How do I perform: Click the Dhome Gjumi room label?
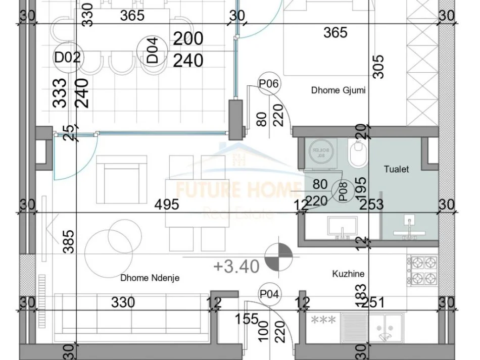(338, 91)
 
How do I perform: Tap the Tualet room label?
(396, 169)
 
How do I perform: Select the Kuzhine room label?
(348, 274)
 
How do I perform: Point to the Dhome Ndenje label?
(150, 278)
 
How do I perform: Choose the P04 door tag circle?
(270, 294)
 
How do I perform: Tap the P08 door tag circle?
(343, 192)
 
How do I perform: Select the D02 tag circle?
(68, 57)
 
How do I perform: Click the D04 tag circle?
(152, 51)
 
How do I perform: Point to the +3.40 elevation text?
(236, 266)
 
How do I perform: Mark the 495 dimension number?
(167, 204)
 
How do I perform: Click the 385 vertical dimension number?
(69, 241)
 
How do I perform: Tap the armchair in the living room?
(118, 175)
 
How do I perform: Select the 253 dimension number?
(371, 204)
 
